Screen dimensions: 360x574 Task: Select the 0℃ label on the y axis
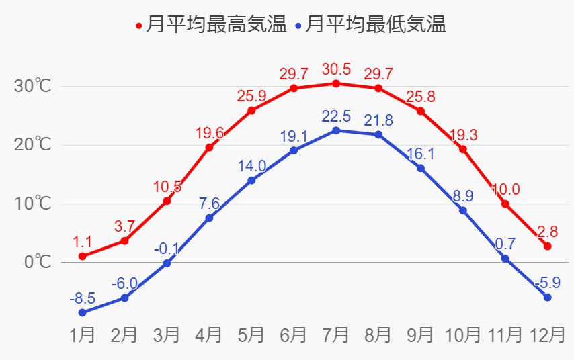click(38, 262)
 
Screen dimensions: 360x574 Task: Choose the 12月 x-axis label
click(547, 334)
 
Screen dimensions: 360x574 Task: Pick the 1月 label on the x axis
click(82, 334)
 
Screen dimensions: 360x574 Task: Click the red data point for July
click(336, 83)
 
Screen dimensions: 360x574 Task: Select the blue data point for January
click(82, 312)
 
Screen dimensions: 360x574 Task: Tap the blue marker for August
click(378, 135)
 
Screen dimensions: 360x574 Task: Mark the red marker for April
click(209, 147)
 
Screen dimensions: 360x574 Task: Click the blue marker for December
click(547, 297)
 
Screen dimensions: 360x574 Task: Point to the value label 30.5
click(336, 69)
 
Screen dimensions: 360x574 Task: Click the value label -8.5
click(82, 298)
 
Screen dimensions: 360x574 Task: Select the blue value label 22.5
click(336, 116)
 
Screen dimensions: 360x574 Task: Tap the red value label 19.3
click(463, 135)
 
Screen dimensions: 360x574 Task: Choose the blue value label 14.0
click(251, 166)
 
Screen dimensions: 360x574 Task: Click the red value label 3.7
click(124, 226)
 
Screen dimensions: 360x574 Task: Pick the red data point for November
click(505, 204)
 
